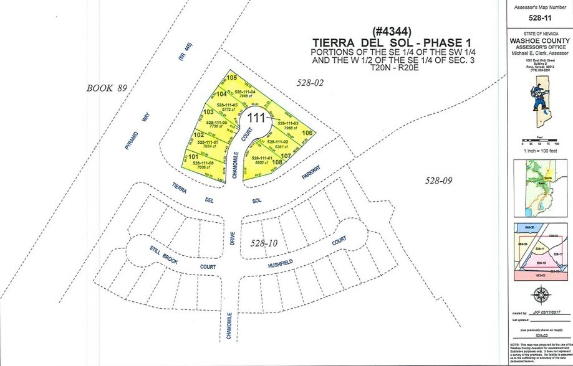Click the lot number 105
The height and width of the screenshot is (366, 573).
click(x=232, y=78)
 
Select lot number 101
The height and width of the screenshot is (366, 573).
click(x=193, y=156)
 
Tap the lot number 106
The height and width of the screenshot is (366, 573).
click(x=306, y=133)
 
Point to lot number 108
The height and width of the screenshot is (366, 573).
click(x=277, y=162)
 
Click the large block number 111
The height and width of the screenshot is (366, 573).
click(x=257, y=117)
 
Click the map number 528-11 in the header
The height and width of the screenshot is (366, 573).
click(x=537, y=17)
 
